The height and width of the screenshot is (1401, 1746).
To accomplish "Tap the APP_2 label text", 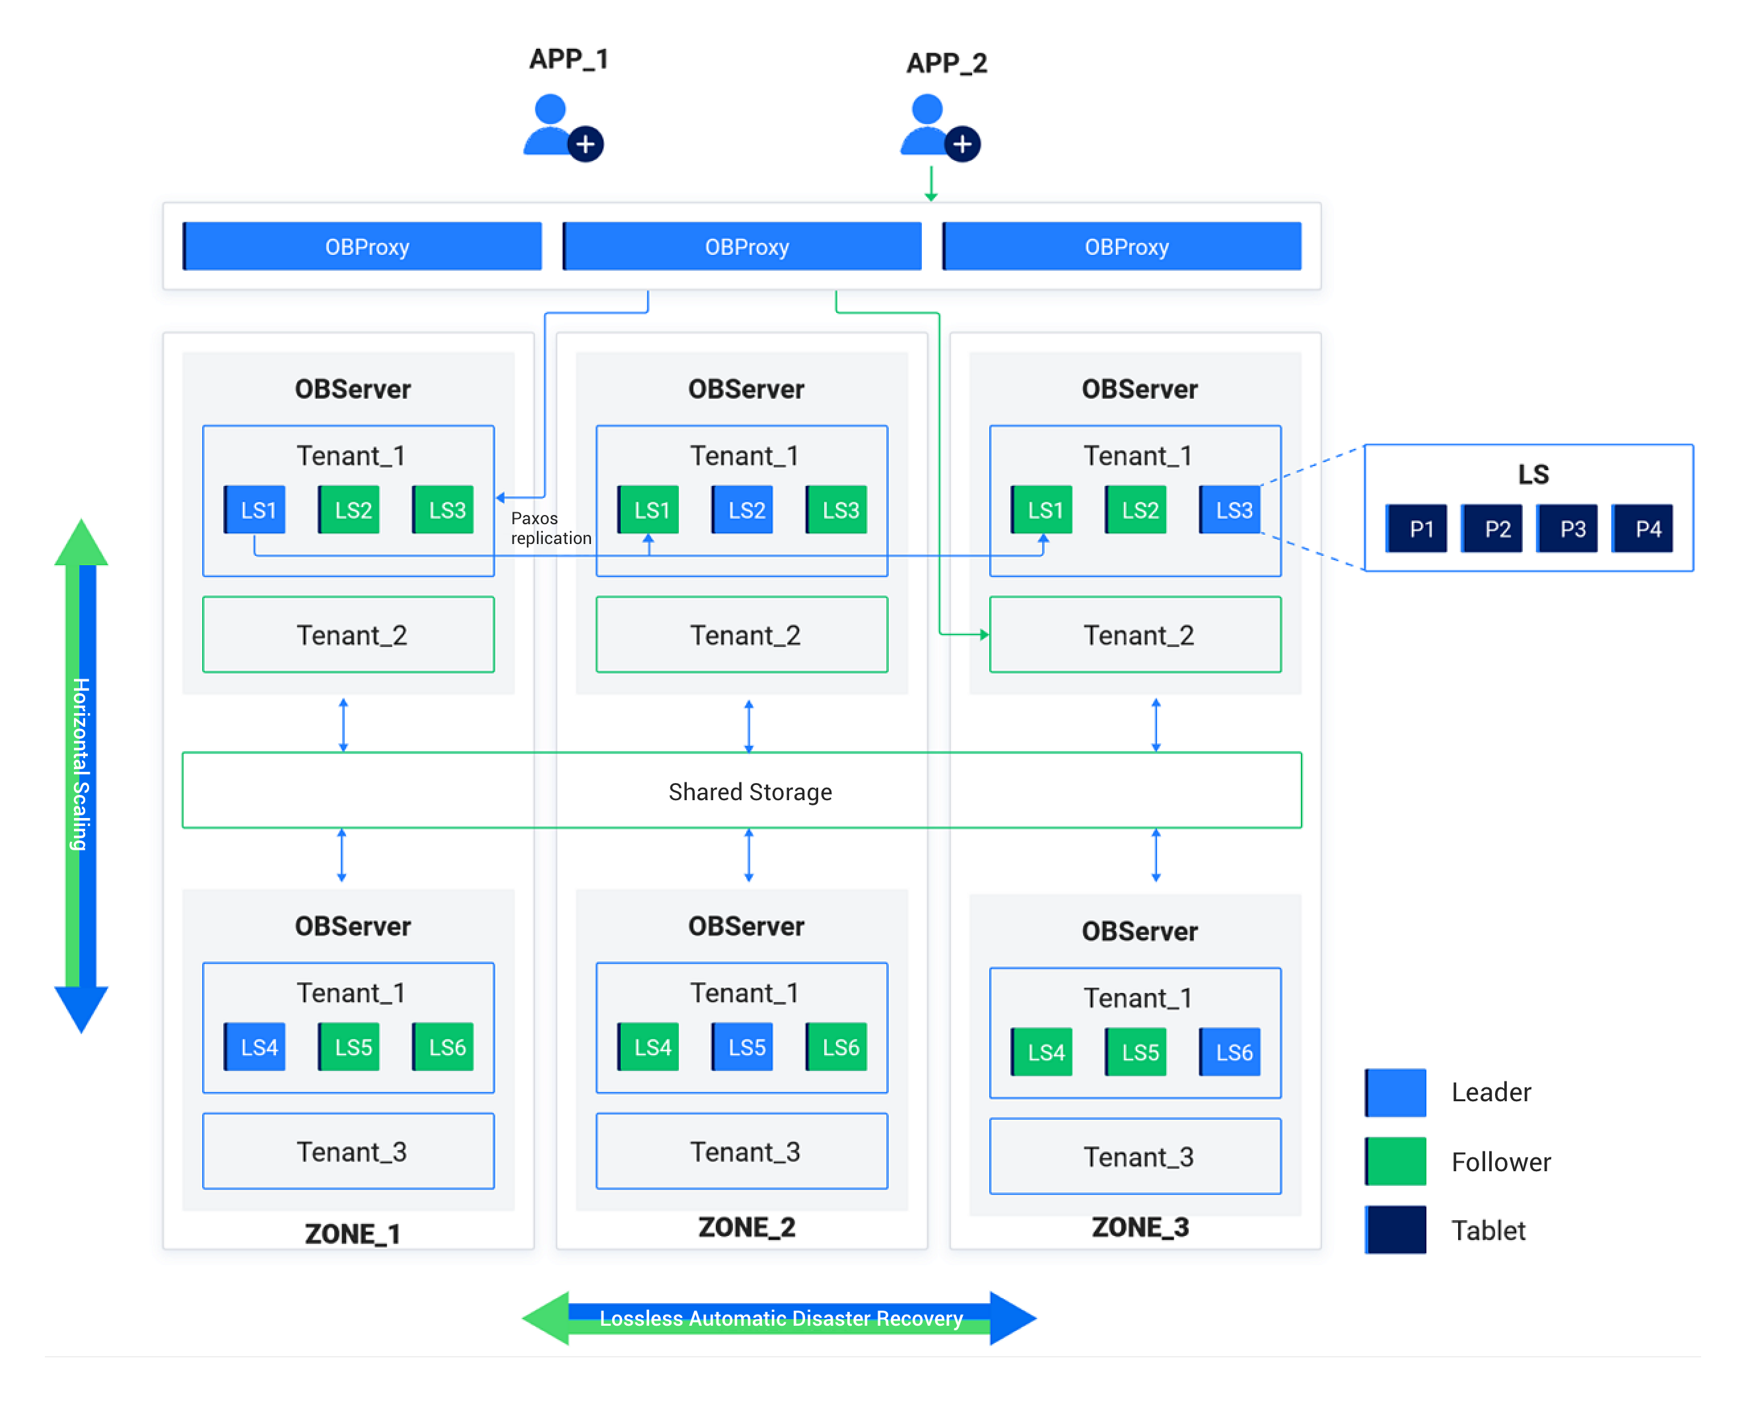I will coord(946,63).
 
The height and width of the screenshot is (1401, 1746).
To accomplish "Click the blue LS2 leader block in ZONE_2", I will coord(743,510).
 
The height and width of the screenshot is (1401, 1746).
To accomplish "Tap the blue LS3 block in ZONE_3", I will coord(1230,510).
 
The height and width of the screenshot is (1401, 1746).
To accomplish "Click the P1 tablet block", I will coord(1417,529).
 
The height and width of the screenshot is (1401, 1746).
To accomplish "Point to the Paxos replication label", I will coord(551,528).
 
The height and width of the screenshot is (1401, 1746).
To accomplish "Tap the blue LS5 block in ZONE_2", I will coord(743,1047).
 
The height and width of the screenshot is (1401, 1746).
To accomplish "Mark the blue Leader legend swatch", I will coord(1395,1093).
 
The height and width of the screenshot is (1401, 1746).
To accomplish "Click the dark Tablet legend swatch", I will coord(1395,1229).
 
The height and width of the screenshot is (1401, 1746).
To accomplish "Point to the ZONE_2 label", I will coord(747,1227).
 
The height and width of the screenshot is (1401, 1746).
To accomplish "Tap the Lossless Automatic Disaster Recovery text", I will coord(781,1318).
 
